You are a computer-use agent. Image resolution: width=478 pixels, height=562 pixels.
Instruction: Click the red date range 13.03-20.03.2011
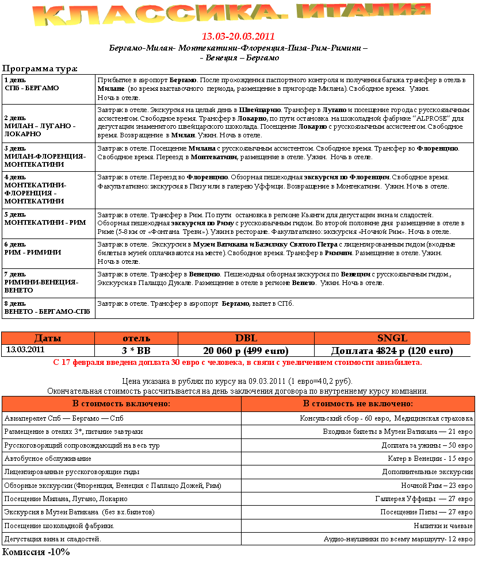[238, 37]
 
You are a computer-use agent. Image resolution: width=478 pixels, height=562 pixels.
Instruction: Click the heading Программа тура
[40, 69]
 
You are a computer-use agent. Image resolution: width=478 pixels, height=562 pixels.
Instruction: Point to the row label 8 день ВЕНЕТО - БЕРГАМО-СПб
[47, 307]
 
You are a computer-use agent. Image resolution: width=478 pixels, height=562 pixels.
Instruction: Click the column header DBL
[246, 338]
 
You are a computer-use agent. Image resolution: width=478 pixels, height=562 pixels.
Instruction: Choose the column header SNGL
[392, 338]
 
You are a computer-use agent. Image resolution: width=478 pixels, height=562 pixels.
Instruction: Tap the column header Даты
[48, 338]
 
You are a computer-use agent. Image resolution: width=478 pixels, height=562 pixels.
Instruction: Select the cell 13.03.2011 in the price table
[25, 349]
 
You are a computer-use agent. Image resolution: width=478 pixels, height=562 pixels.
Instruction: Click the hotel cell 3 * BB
[136, 351]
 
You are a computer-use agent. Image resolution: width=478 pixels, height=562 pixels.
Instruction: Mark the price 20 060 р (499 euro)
[246, 351]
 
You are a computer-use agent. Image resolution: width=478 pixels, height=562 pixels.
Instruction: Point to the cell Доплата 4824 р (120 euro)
[392, 351]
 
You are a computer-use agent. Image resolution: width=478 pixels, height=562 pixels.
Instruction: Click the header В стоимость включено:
[121, 404]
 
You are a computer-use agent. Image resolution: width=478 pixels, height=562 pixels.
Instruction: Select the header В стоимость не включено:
[357, 404]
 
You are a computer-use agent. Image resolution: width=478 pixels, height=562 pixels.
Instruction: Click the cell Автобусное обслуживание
[48, 459]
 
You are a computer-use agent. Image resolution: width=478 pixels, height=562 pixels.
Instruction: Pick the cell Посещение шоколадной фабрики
[59, 526]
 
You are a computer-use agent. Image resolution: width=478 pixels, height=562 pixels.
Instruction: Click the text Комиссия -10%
[36, 552]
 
